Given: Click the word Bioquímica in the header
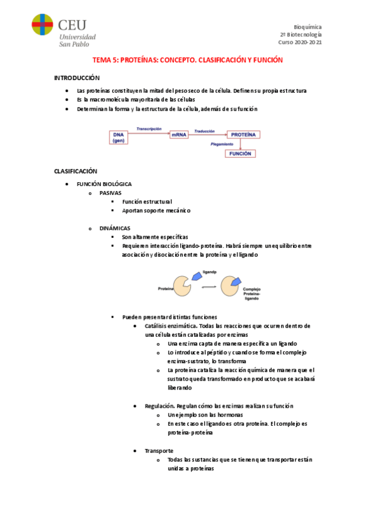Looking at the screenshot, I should [x=307, y=27].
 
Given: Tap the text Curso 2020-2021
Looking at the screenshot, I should [x=301, y=43].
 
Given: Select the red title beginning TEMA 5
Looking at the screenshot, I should [x=188, y=60].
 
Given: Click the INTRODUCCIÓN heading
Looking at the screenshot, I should [x=77, y=78].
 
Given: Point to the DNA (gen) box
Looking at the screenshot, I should [x=118, y=137].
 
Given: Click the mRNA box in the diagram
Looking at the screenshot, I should [x=178, y=134].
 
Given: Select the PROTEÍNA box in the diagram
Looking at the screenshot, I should [x=243, y=134].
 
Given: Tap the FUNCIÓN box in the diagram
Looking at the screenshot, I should [x=240, y=153].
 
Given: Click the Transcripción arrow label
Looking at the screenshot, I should [x=149, y=128].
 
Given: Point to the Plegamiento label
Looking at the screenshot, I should [x=222, y=144].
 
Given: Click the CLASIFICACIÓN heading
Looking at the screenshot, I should [x=76, y=171].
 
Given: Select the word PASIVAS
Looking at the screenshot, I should [x=110, y=192].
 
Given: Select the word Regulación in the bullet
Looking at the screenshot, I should [x=160, y=406].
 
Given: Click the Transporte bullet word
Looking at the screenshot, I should [x=159, y=450].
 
